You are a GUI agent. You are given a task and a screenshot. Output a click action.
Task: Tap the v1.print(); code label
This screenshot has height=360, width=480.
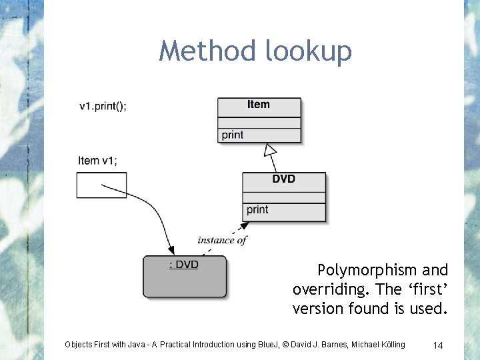[x=102, y=106]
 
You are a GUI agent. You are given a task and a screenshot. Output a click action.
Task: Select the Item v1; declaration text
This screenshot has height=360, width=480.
[x=97, y=161]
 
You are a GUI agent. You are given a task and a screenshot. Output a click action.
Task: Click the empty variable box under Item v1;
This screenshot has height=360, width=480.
[x=101, y=185]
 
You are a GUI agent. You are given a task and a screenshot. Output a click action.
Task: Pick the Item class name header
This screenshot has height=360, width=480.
[x=259, y=105]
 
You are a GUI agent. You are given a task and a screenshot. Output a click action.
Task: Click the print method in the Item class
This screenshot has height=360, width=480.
[x=233, y=135]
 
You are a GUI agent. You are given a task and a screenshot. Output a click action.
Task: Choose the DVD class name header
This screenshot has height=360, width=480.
[x=283, y=179]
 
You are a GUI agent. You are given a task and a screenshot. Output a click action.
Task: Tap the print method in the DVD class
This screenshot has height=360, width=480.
[x=257, y=209]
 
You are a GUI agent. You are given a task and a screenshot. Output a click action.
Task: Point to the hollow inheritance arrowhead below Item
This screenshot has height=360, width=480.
[x=269, y=150]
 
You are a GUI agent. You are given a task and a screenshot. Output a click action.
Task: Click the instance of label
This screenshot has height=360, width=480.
[x=223, y=241]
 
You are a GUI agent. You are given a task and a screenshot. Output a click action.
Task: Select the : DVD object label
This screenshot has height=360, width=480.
[x=184, y=265]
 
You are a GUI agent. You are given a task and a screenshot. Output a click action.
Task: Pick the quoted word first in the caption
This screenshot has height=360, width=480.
[x=430, y=290]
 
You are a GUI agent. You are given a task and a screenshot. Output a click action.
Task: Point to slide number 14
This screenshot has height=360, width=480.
[x=438, y=345]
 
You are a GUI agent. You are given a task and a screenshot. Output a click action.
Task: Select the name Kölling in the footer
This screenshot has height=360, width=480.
[x=389, y=345]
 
